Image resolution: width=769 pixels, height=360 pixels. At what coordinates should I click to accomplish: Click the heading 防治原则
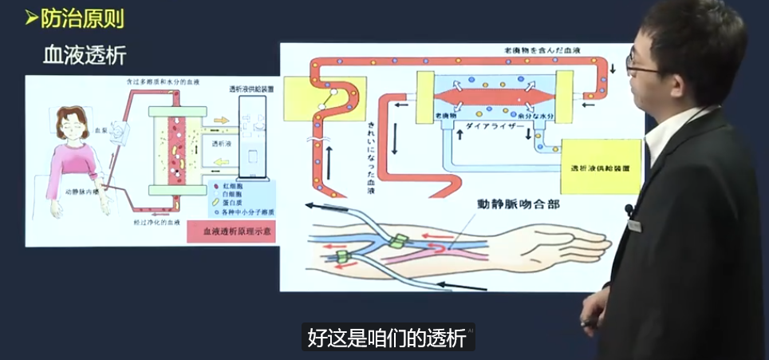[80, 17]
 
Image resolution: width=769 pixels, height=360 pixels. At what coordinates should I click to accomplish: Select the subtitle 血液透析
[84, 55]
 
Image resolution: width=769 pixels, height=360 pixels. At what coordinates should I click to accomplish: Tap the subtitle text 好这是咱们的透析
[387, 337]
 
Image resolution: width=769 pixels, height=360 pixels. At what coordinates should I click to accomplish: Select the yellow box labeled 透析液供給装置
[601, 168]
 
